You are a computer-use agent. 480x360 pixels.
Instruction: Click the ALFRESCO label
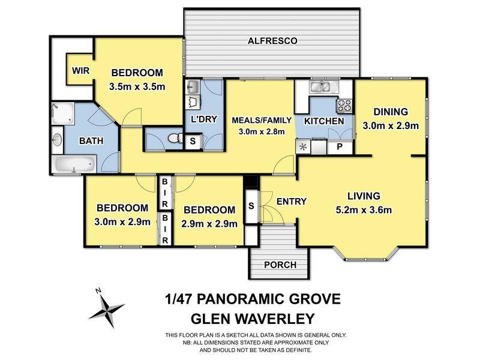(x=273, y=41)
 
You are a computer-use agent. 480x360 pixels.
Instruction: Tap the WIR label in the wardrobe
(x=80, y=71)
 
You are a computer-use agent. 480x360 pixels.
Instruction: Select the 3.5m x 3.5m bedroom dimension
(x=137, y=86)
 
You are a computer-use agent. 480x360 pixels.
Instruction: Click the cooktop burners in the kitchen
(x=344, y=106)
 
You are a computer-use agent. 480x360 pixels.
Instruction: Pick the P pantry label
(x=340, y=146)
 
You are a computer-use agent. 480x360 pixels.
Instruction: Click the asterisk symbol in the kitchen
(x=302, y=146)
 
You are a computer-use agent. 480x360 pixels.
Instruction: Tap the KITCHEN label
(x=324, y=121)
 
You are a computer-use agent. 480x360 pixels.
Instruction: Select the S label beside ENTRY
(x=250, y=206)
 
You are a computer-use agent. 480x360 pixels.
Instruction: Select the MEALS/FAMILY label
(x=260, y=120)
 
